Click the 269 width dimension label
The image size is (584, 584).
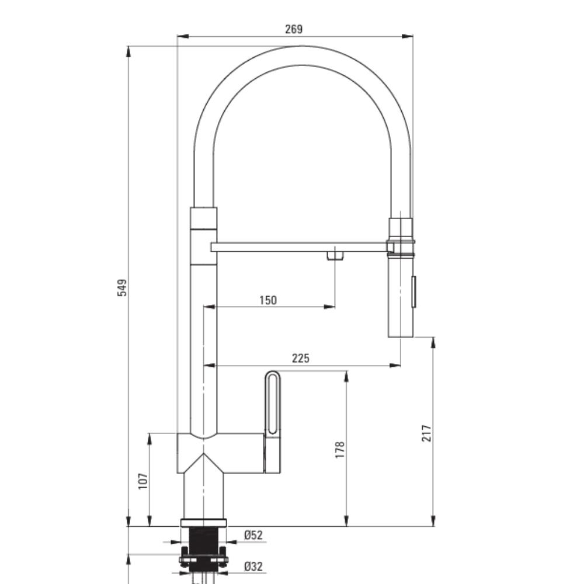(294, 29)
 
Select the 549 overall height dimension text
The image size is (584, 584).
(122, 287)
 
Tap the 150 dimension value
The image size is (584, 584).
(268, 300)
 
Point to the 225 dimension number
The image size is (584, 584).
(301, 359)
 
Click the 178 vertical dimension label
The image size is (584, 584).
(340, 450)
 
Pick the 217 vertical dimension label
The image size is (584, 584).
(426, 433)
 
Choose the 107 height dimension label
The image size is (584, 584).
(143, 481)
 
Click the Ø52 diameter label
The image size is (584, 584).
(253, 535)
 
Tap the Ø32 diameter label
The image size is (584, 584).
(253, 566)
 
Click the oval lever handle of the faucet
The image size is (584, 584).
(273, 402)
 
